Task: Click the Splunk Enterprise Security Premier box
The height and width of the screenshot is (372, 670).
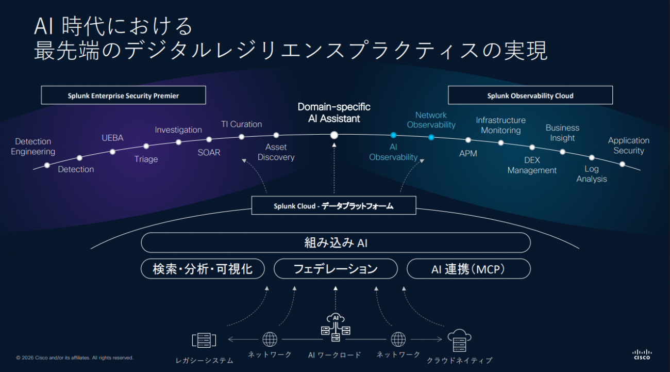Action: coord(123,95)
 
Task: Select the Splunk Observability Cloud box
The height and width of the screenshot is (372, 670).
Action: coord(530,95)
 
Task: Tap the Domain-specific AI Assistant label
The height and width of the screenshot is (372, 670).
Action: coord(334,113)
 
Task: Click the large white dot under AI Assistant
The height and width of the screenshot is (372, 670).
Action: coord(334,135)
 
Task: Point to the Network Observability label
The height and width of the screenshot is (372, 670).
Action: coord(431,120)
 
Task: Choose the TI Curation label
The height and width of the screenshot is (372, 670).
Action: coord(241,124)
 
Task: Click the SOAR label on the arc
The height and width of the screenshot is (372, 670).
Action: coord(209,153)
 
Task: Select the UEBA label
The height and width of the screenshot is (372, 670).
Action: coord(112,138)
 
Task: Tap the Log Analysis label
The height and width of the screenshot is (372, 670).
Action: coord(592,174)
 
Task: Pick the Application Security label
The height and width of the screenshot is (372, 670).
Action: coord(628,145)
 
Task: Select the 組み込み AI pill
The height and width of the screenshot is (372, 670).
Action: coord(336,242)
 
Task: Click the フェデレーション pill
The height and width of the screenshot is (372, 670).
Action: coord(336,269)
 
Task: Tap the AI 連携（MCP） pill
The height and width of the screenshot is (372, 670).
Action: coord(468,269)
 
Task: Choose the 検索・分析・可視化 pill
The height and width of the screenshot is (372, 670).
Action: coord(203,269)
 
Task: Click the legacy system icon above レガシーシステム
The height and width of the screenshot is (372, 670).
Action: coord(204,340)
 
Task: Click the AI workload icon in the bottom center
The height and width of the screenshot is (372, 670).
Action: coord(335,328)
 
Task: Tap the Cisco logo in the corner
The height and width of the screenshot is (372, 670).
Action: coord(641,354)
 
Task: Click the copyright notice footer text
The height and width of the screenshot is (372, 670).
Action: coord(75,358)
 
